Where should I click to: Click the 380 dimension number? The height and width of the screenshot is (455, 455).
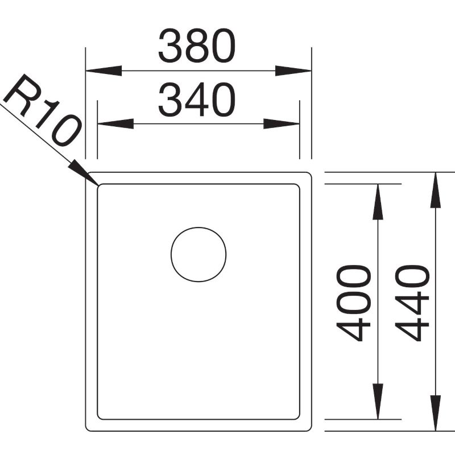click(197, 45)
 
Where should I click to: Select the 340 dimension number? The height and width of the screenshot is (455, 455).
click(197, 100)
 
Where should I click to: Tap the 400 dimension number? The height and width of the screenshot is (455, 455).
click(353, 303)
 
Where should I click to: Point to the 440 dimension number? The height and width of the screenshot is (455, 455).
click(412, 303)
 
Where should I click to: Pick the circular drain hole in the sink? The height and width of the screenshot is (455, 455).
click(198, 254)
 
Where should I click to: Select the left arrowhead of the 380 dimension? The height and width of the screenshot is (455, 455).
click(104, 71)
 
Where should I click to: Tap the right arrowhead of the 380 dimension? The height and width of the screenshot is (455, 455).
click(293, 71)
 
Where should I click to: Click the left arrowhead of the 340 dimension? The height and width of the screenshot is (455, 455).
click(115, 123)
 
